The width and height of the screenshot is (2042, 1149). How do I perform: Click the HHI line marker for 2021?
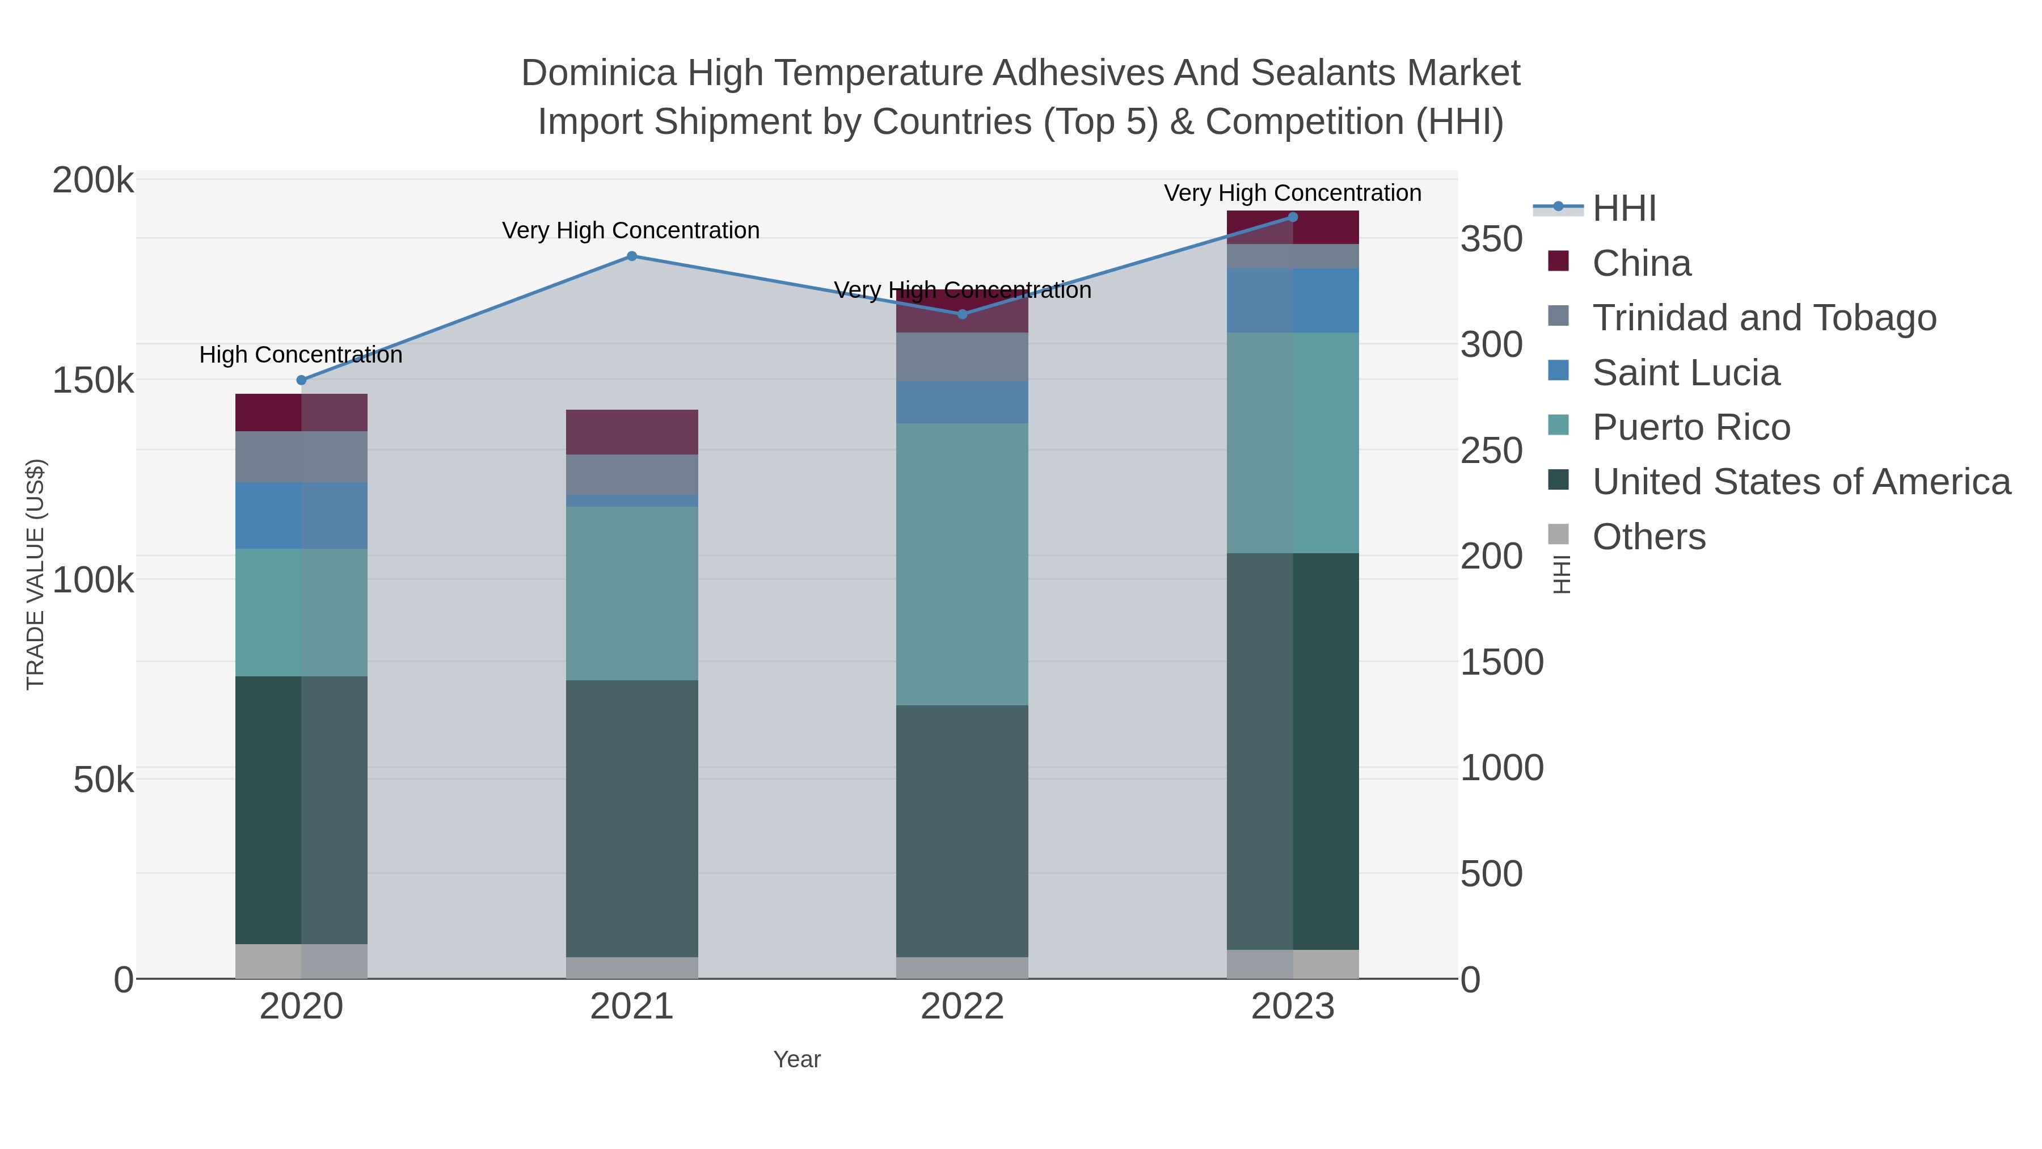[x=632, y=256]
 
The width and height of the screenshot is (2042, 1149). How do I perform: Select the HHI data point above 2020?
[x=301, y=381]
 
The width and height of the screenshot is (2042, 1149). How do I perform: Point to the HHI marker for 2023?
[x=1293, y=217]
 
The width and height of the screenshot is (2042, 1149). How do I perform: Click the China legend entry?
[x=1641, y=263]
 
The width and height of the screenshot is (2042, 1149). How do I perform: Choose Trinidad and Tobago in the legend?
[x=1763, y=318]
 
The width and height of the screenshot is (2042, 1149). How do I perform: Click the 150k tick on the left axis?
[x=93, y=381]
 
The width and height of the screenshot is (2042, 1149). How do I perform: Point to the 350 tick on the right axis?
[x=1492, y=239]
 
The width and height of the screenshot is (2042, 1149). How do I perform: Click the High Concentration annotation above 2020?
[x=301, y=355]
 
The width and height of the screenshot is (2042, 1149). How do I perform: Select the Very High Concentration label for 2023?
[x=1292, y=193]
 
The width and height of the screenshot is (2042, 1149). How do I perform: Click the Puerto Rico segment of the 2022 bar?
[x=963, y=564]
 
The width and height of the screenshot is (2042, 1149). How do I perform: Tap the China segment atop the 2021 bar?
[x=632, y=432]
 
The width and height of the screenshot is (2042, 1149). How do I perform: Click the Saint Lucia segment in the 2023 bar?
[x=1293, y=301]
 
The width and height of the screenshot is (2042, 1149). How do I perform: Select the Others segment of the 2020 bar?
[x=301, y=961]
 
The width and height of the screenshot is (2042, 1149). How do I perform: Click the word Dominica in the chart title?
[x=598, y=73]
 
